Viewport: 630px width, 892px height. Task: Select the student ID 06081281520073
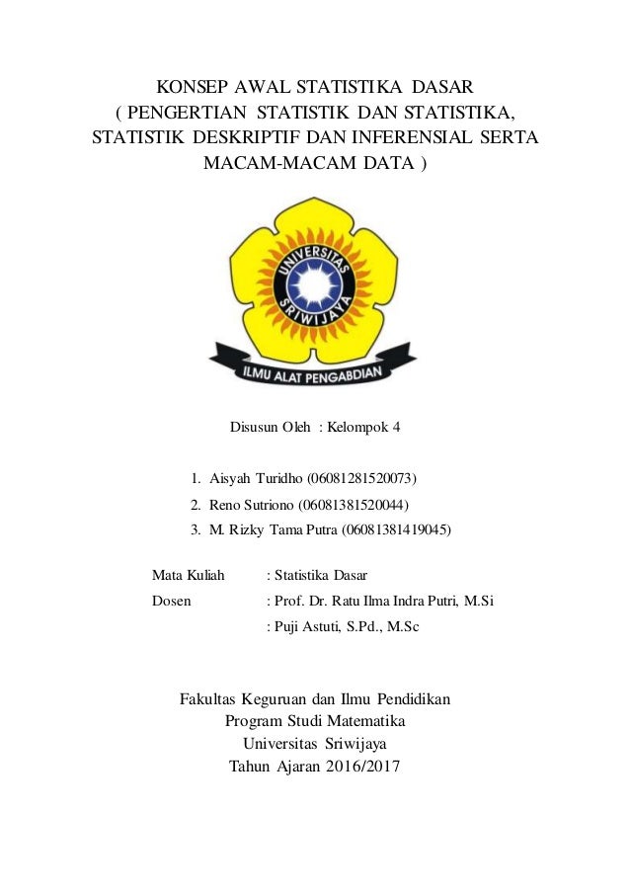point(361,479)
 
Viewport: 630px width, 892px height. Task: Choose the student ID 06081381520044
point(351,505)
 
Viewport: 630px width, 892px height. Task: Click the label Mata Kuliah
point(188,574)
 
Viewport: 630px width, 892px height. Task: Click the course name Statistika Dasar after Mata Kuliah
point(322,574)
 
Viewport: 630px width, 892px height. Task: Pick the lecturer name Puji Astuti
point(309,625)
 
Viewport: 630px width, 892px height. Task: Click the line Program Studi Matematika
point(315,721)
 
